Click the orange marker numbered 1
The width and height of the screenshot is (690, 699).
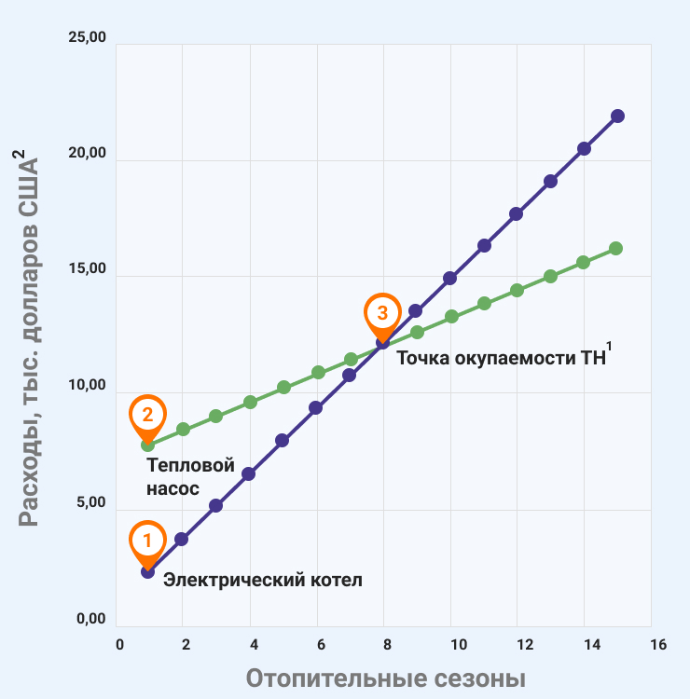point(147,541)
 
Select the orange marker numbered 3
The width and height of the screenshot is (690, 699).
point(381,313)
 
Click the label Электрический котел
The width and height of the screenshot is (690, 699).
point(262,580)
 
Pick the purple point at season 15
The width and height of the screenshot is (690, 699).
point(617,116)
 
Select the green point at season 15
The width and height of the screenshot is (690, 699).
point(615,248)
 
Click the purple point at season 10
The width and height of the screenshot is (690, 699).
point(449,278)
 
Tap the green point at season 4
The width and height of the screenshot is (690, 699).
point(250,402)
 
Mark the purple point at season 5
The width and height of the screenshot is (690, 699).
point(282,440)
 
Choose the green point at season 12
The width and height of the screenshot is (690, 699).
point(517,290)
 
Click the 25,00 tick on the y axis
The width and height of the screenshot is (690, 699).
point(88,39)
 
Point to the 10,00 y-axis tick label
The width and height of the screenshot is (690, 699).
point(88,388)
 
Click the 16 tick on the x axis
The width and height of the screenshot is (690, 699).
point(657,645)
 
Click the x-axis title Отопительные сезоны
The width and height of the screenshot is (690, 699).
point(385,678)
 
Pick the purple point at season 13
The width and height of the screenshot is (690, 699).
point(550,181)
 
